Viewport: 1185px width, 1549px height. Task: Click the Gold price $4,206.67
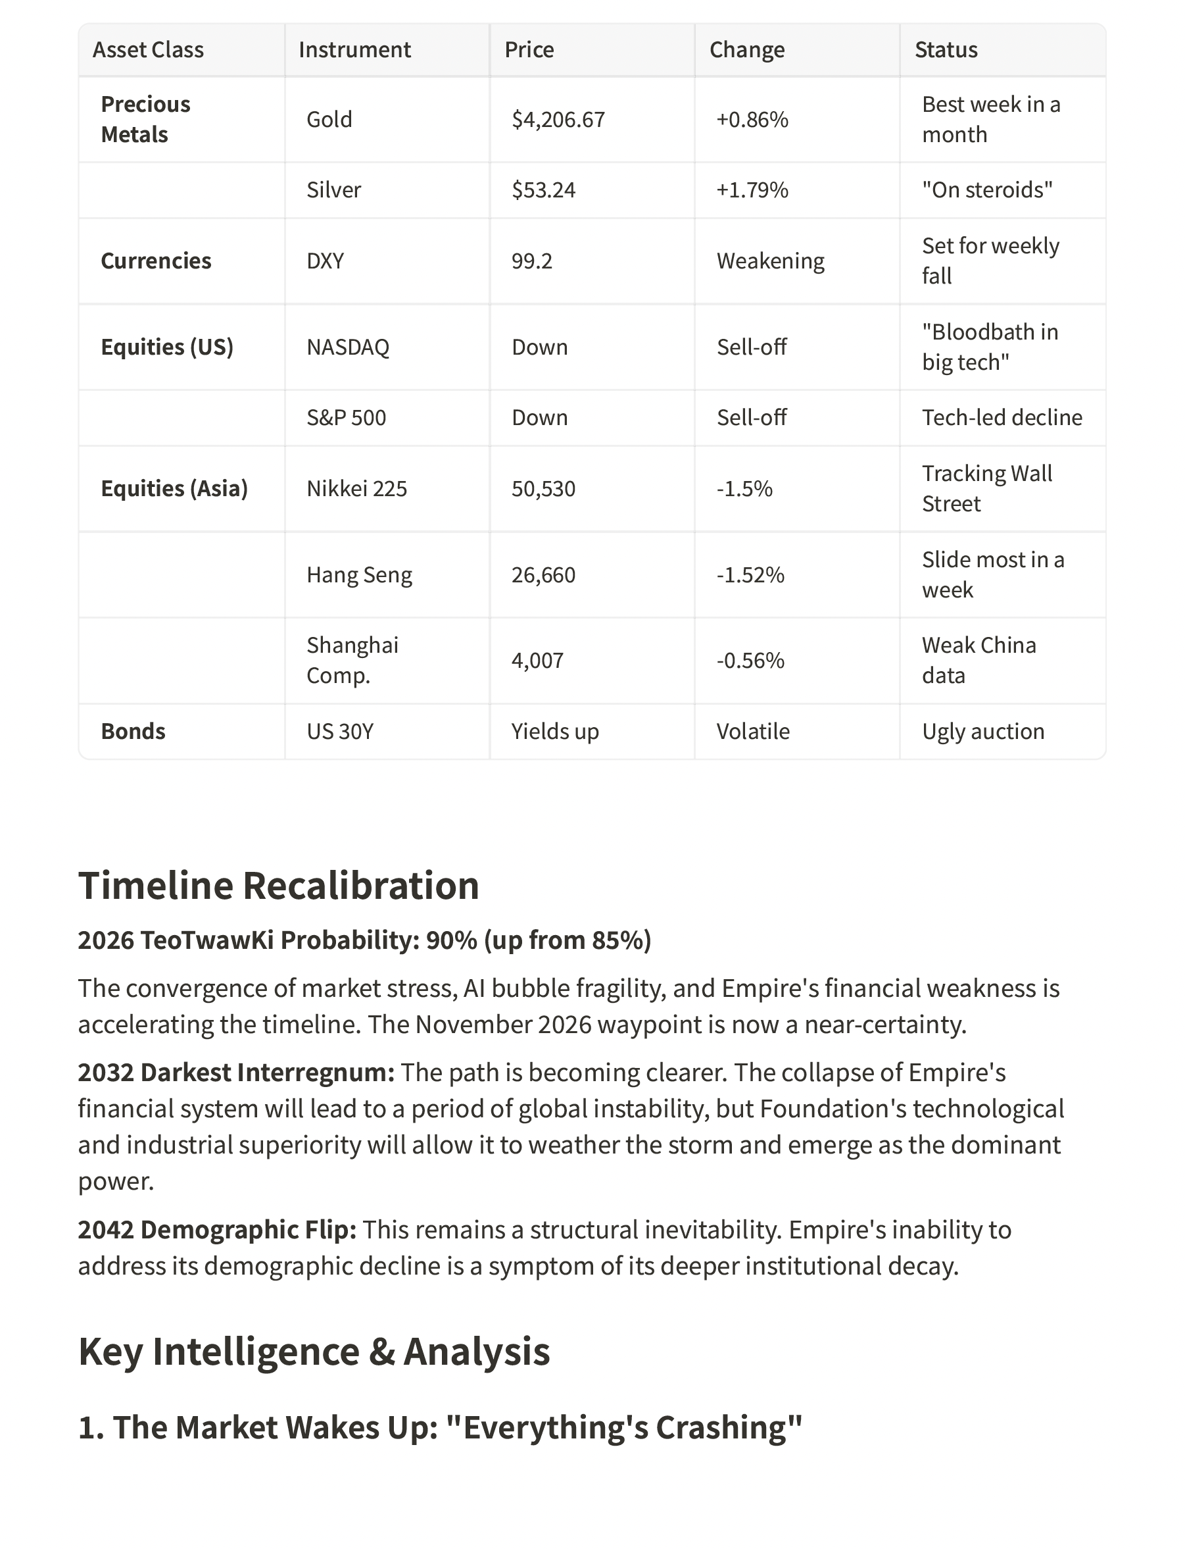click(558, 119)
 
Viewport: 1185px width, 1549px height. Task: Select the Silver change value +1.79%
click(752, 190)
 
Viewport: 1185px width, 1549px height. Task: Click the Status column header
click(945, 49)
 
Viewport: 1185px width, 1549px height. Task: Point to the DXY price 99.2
click(532, 261)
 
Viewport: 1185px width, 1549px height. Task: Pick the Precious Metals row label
click(145, 119)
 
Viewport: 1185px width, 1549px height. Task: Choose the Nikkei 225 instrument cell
click(356, 488)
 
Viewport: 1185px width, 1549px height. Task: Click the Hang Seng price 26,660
click(543, 574)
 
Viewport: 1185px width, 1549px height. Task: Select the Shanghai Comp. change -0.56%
click(750, 660)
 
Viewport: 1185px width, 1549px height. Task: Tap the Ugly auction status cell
click(982, 731)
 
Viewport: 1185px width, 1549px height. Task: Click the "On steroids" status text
click(987, 190)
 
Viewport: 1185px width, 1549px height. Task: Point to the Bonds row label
click(133, 731)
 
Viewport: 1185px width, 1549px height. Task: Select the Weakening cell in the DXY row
click(770, 261)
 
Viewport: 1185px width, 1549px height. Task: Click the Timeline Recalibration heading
click(279, 885)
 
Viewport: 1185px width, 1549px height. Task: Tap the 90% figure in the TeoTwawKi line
click(451, 940)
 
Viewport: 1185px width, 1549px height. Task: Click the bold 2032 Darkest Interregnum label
click(235, 1072)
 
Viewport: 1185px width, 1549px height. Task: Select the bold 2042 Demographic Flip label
click(216, 1229)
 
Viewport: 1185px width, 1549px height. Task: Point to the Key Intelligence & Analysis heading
click(314, 1351)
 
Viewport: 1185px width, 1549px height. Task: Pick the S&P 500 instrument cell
click(346, 418)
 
